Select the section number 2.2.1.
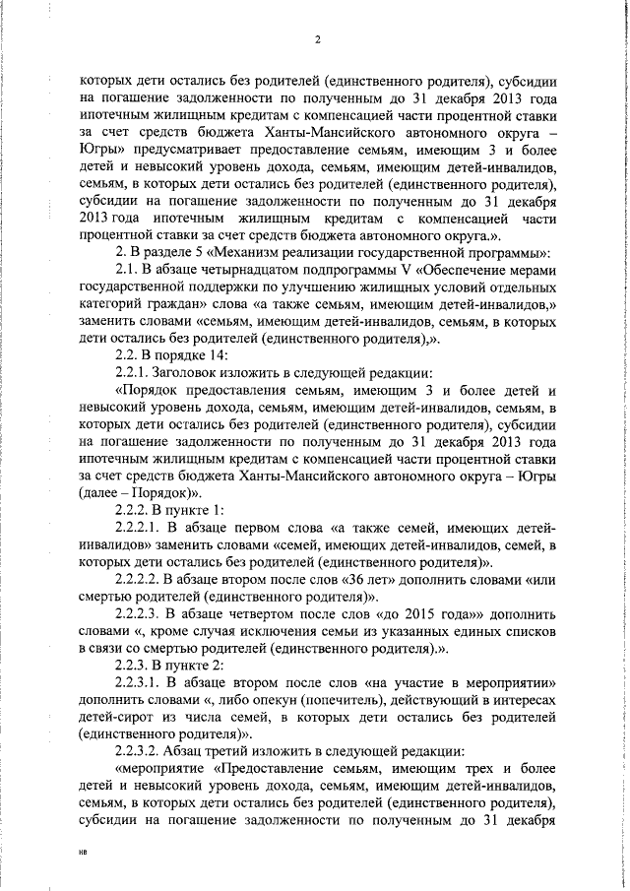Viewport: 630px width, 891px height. coord(137,372)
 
